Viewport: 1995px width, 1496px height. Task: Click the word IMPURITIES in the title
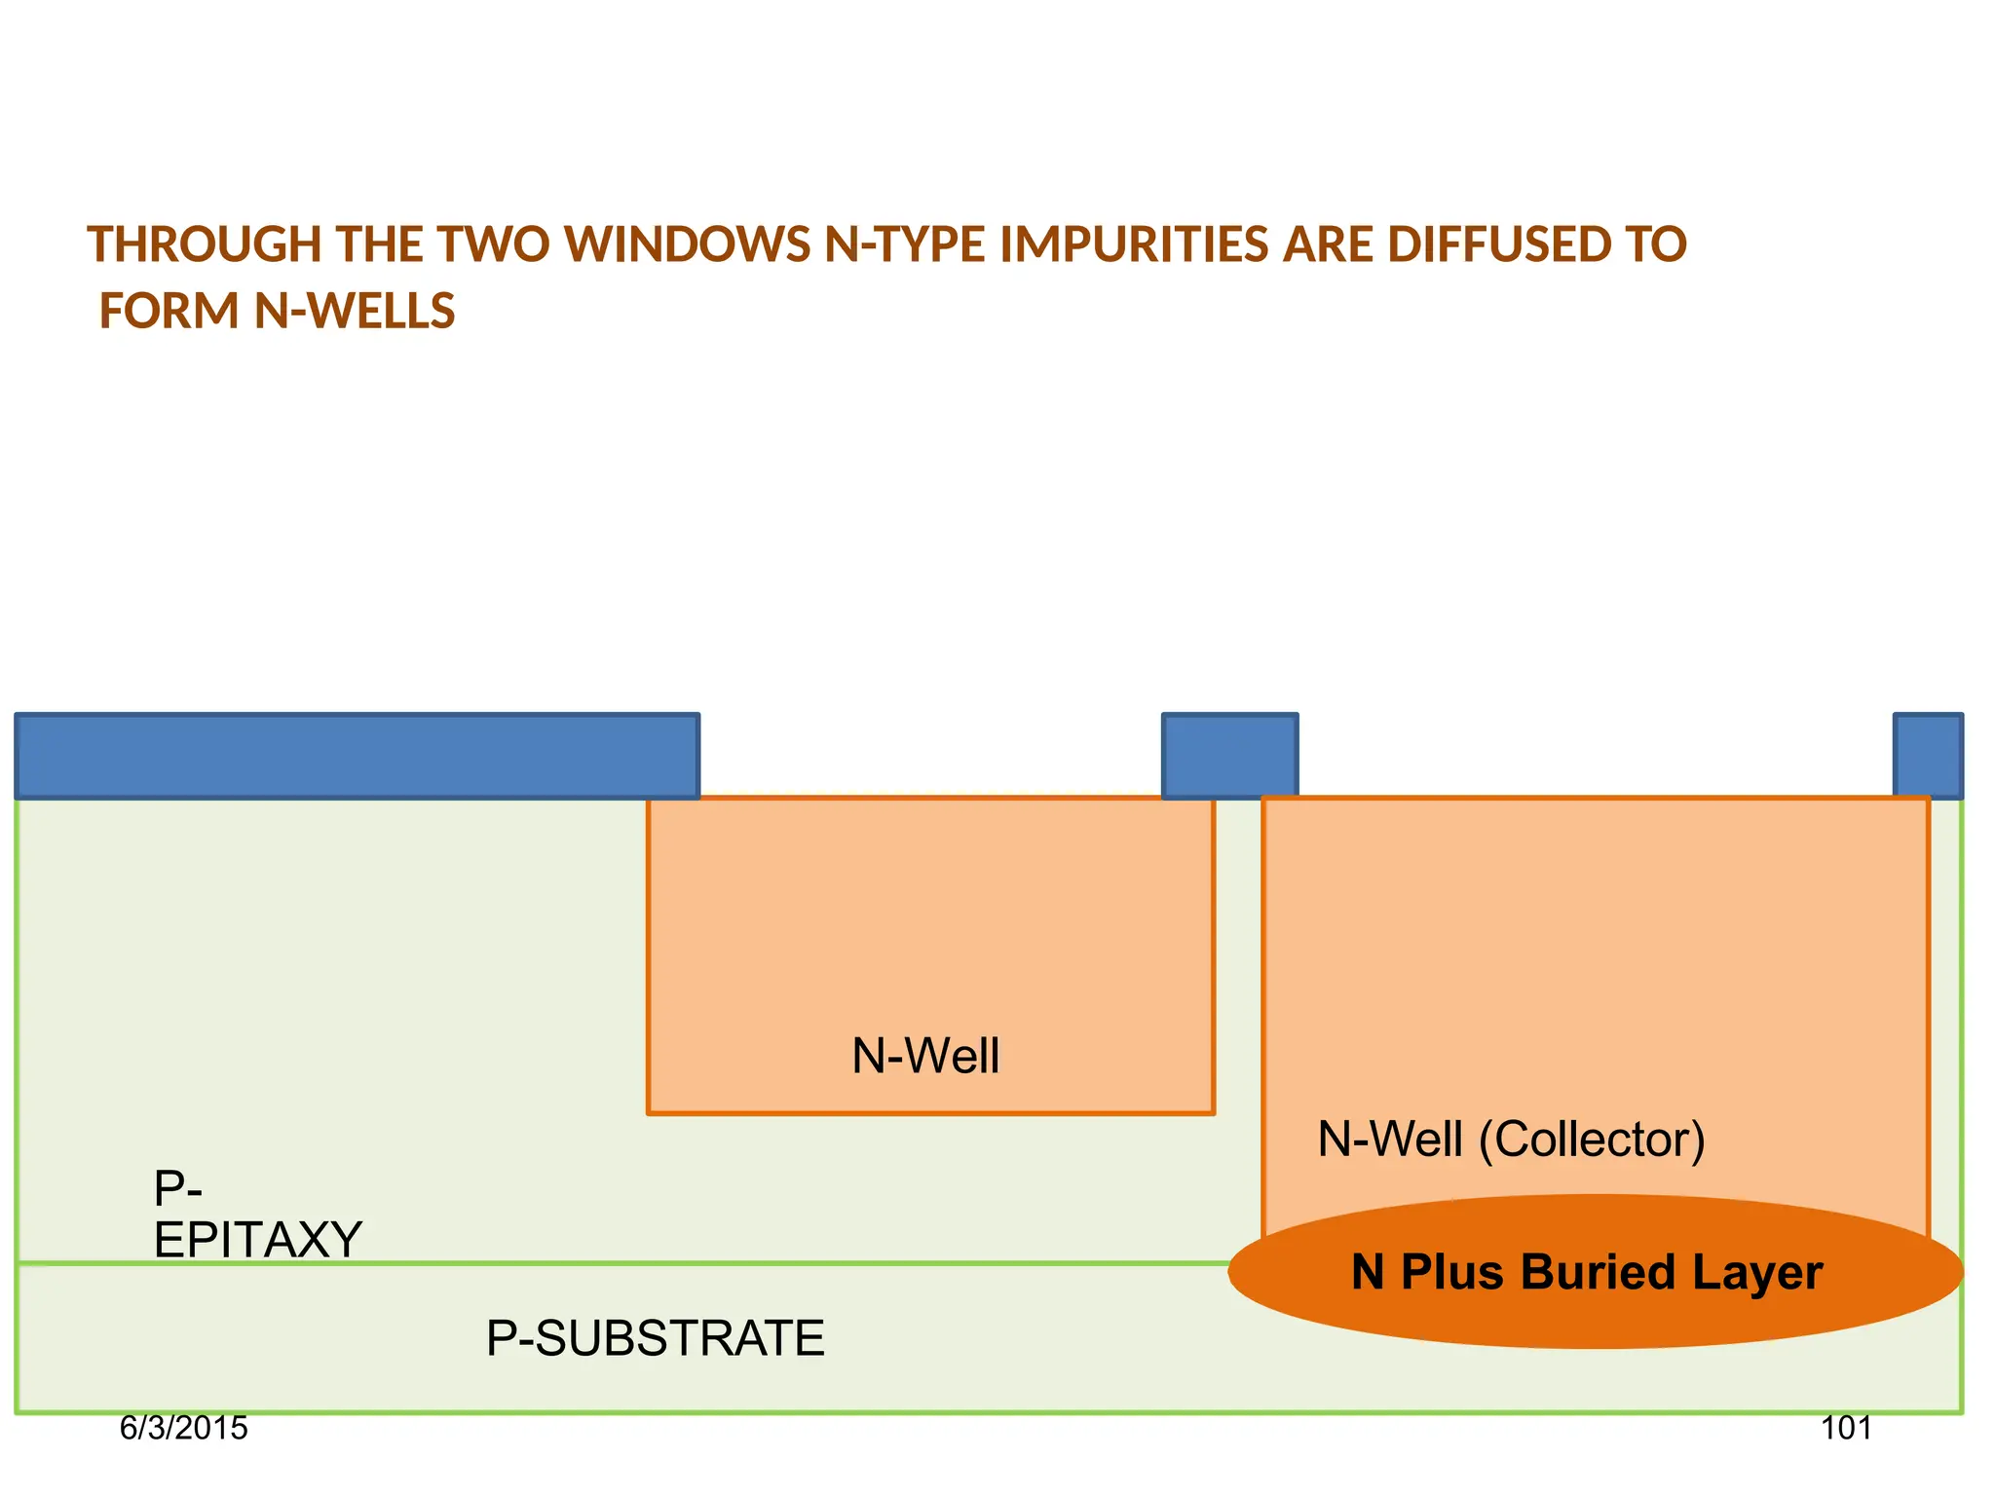point(1133,245)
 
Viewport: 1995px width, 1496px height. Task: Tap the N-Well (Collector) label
point(1511,1140)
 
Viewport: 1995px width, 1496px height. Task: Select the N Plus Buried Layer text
point(1587,1273)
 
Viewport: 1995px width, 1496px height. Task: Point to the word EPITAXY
point(258,1241)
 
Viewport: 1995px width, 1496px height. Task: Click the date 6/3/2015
point(183,1429)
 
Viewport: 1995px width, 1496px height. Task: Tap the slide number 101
point(1846,1429)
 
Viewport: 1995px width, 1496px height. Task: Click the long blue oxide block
point(357,757)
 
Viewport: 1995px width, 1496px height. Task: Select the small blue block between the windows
point(1229,757)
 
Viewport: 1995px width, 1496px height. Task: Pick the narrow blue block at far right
point(1927,757)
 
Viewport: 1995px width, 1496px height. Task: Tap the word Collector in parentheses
point(1592,1140)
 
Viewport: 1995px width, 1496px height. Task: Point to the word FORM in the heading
point(169,313)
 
